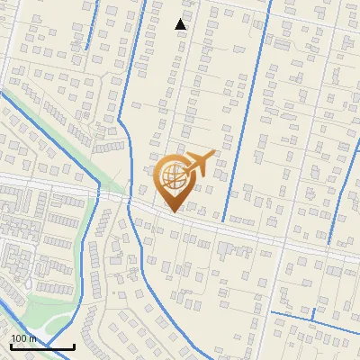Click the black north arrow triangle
(181, 24)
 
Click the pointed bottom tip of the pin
(174, 212)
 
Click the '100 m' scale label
(23, 338)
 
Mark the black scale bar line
(42, 346)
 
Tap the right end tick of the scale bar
(74, 345)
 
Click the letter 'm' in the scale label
(31, 338)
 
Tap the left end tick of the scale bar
(11, 345)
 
